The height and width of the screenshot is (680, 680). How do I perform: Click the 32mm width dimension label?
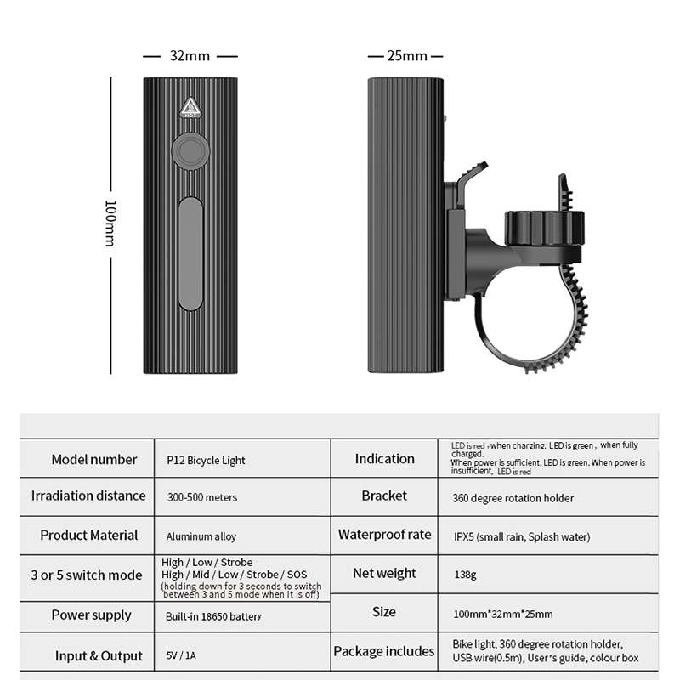[x=190, y=56]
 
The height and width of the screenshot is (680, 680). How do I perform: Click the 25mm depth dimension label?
[x=407, y=56]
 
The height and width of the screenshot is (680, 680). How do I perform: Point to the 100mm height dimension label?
[x=111, y=224]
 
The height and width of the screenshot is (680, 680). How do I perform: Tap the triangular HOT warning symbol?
[x=190, y=108]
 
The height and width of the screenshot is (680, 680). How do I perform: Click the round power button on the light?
[x=190, y=151]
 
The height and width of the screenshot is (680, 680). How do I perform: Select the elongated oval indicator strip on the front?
[x=190, y=253]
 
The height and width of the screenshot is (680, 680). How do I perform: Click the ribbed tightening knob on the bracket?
[x=544, y=228]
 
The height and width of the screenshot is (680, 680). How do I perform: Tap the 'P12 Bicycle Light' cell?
[x=206, y=460]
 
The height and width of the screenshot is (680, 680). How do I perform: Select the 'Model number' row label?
[x=94, y=459]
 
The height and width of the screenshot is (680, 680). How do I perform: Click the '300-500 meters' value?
[x=202, y=497]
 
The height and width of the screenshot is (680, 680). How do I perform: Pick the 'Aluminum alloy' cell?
[x=201, y=536]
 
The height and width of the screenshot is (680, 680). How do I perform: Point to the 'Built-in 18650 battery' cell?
[x=213, y=616]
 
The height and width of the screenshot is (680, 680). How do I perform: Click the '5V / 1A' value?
[x=181, y=655]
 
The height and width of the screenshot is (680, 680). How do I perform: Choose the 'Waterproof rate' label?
[x=385, y=535]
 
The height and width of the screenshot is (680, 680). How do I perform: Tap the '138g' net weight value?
[x=465, y=575]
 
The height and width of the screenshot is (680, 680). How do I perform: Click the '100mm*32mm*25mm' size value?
[x=503, y=614]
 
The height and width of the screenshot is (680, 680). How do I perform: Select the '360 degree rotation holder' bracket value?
[x=513, y=498]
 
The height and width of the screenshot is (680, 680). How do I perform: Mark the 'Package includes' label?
[x=384, y=651]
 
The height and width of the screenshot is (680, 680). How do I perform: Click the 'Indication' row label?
[x=385, y=458]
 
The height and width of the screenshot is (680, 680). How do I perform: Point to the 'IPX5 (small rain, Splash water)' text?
[x=522, y=537]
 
